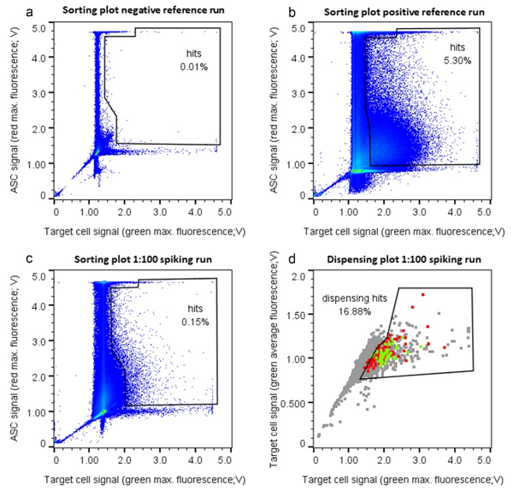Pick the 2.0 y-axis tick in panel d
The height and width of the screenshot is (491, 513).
click(x=299, y=278)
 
